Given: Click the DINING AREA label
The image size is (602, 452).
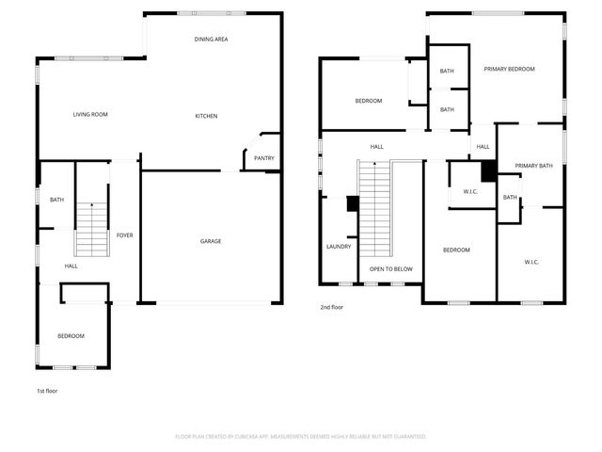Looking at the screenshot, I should [x=212, y=40].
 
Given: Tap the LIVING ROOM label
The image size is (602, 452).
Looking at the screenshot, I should [x=91, y=115].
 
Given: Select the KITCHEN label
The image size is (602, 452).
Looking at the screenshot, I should [x=206, y=116].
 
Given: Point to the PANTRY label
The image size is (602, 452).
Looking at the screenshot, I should [x=264, y=158].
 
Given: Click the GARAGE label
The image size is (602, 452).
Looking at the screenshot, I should [x=211, y=241].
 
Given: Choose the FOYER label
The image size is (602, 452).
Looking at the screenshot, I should [x=124, y=234].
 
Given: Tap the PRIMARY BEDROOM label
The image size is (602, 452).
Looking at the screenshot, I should [x=509, y=69].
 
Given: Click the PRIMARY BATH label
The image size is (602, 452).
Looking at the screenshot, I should [x=532, y=167].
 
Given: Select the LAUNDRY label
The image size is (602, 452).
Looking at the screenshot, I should [x=339, y=247].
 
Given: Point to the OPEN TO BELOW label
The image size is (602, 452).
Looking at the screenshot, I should [x=390, y=269].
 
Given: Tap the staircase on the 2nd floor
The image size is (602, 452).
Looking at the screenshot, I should [x=375, y=208].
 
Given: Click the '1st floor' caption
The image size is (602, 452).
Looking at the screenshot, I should [x=47, y=390].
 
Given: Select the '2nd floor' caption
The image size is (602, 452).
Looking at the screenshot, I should [x=332, y=307].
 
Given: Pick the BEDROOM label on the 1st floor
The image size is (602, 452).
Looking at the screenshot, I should [x=71, y=336].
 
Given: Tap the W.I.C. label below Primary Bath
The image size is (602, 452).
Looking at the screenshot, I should [x=531, y=262].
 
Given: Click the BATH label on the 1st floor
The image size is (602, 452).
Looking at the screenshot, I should [x=56, y=200].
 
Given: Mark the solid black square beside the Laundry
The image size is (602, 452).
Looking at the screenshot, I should [x=353, y=203].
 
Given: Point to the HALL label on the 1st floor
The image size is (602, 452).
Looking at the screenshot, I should [x=71, y=266].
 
